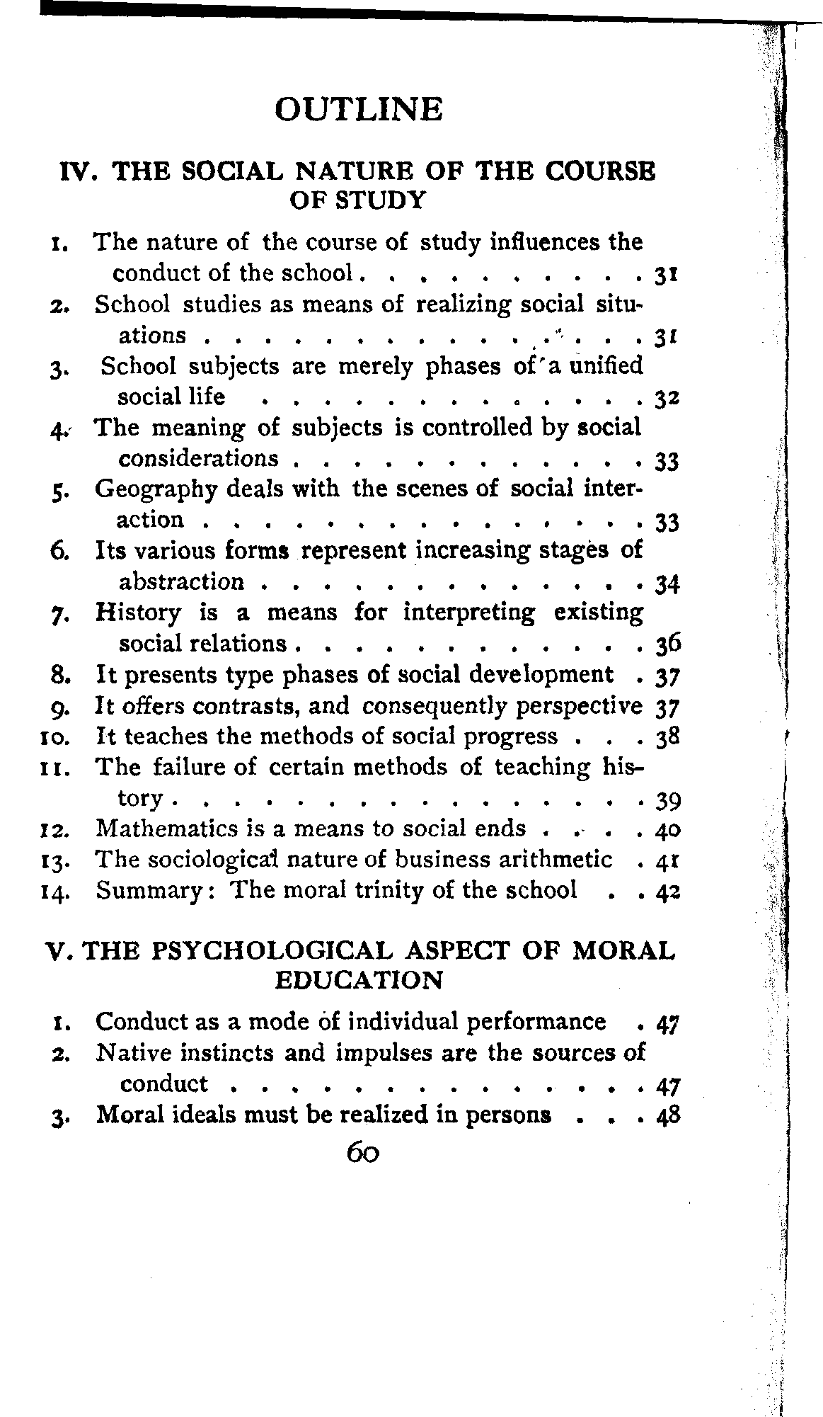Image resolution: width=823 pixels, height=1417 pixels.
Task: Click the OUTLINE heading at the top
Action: pyautogui.click(x=358, y=110)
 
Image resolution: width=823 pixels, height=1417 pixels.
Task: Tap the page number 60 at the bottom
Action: pyautogui.click(x=364, y=1154)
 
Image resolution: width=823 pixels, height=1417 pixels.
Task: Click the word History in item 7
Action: pyautogui.click(x=138, y=612)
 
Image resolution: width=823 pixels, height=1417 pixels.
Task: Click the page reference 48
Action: pyautogui.click(x=667, y=1116)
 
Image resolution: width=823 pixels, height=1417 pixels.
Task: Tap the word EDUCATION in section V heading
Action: pyautogui.click(x=358, y=981)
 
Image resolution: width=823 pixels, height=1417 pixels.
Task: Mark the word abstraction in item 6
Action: pyautogui.click(x=181, y=582)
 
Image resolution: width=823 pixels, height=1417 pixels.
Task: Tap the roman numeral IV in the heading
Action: pyautogui.click(x=77, y=172)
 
